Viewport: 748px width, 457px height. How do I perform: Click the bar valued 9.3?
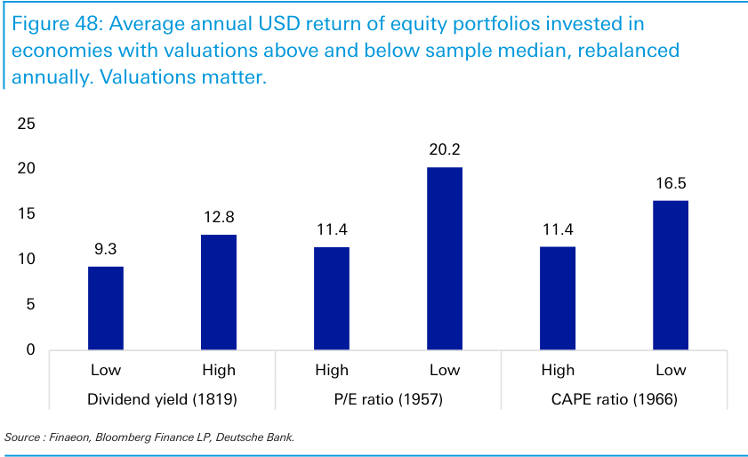[x=105, y=308]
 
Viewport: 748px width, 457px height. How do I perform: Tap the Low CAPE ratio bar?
[x=671, y=275]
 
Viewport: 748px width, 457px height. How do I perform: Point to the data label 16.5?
[x=671, y=184]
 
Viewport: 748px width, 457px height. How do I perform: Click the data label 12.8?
[x=218, y=218]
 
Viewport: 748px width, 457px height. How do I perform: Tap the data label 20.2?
[x=445, y=150]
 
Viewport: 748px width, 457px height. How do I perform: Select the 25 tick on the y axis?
[x=27, y=124]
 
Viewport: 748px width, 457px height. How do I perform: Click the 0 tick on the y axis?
[x=31, y=350]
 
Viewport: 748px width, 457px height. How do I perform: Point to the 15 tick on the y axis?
[x=27, y=214]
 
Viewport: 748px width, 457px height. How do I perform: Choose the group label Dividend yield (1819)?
[x=162, y=399]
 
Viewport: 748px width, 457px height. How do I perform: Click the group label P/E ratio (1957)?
[x=389, y=399]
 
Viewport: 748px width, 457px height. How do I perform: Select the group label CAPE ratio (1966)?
[x=615, y=399]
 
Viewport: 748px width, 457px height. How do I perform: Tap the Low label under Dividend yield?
[x=105, y=370]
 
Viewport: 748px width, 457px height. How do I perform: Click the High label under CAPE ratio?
[x=558, y=370]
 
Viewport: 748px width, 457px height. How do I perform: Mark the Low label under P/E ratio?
[x=445, y=370]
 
